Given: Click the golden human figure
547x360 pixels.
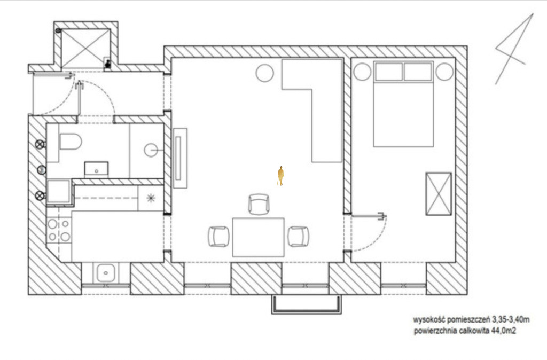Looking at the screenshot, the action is (280, 176).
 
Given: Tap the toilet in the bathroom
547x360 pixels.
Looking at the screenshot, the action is (71, 142).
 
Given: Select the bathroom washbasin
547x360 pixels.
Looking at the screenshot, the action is (96, 169).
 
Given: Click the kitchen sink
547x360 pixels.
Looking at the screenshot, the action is (105, 273).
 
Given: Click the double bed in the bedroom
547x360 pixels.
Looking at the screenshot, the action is (403, 104).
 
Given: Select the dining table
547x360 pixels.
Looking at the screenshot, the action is (258, 237).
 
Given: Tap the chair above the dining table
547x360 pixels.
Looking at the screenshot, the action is (259, 204).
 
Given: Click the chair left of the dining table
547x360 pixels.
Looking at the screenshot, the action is (218, 237).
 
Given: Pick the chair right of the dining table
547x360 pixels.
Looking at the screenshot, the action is (298, 237).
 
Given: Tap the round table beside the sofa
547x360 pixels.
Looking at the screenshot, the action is (265, 73).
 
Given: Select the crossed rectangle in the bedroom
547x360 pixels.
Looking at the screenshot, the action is (439, 193).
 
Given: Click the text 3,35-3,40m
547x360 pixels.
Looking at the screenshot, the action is (511, 319).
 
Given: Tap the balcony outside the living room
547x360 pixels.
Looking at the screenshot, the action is (307, 304).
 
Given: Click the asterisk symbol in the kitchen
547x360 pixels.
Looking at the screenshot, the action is (151, 198).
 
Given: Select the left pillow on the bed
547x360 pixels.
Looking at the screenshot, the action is (389, 72).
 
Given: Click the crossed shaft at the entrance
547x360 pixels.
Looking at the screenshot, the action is (86, 49).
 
